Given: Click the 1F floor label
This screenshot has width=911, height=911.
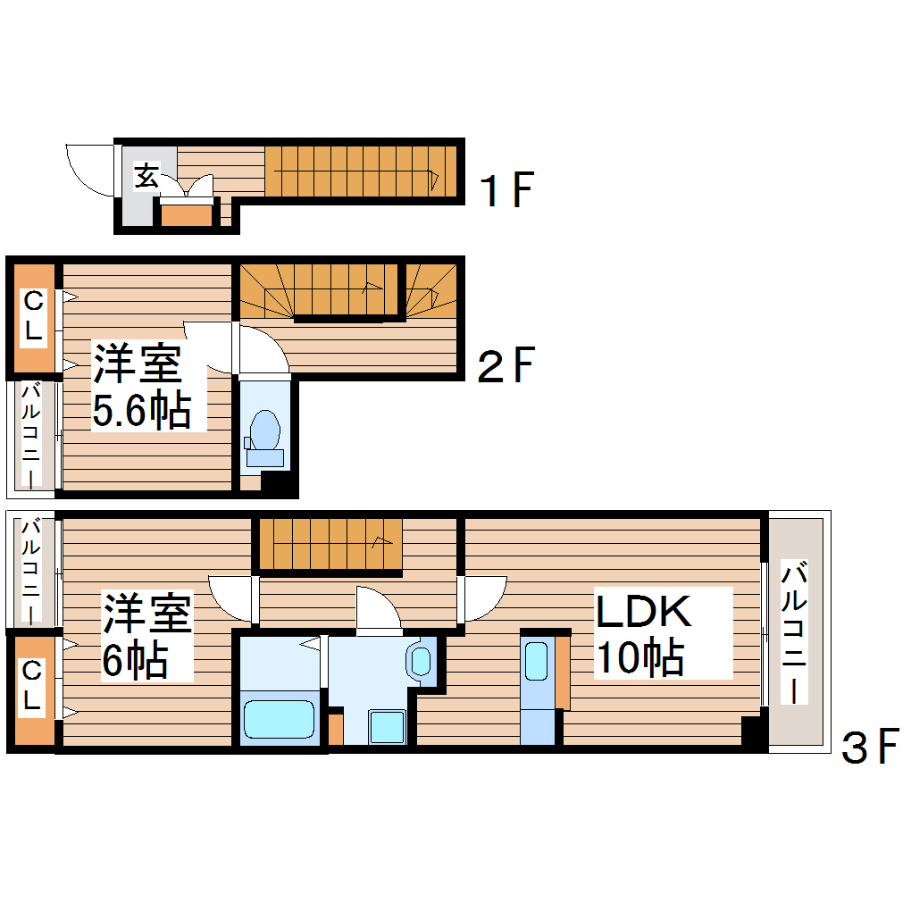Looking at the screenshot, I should pos(506,189).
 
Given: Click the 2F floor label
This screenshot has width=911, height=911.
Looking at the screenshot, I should pos(506,364).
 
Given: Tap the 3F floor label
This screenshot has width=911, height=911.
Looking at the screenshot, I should pos(868,748).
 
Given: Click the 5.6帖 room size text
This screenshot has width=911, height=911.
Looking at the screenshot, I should pos(141,412).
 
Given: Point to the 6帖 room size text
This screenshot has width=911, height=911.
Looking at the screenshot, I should pos(135,660).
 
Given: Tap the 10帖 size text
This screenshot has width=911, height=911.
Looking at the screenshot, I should pos(640,658).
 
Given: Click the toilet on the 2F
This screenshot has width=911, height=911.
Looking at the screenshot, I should pos(263,431).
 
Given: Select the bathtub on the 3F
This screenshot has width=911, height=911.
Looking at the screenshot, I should pos(279,719).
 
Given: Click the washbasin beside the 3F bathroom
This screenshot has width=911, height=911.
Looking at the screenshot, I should pos(419,662).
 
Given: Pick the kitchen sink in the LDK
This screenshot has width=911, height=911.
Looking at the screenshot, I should pos(536,662).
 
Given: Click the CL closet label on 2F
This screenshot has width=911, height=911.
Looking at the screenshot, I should pos(33,315).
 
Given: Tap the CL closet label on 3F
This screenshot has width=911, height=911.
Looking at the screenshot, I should pos(32,687).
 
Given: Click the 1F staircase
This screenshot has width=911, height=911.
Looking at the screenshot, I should pos(361,171).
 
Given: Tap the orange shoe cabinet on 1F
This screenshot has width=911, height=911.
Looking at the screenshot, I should pos(187,214).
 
